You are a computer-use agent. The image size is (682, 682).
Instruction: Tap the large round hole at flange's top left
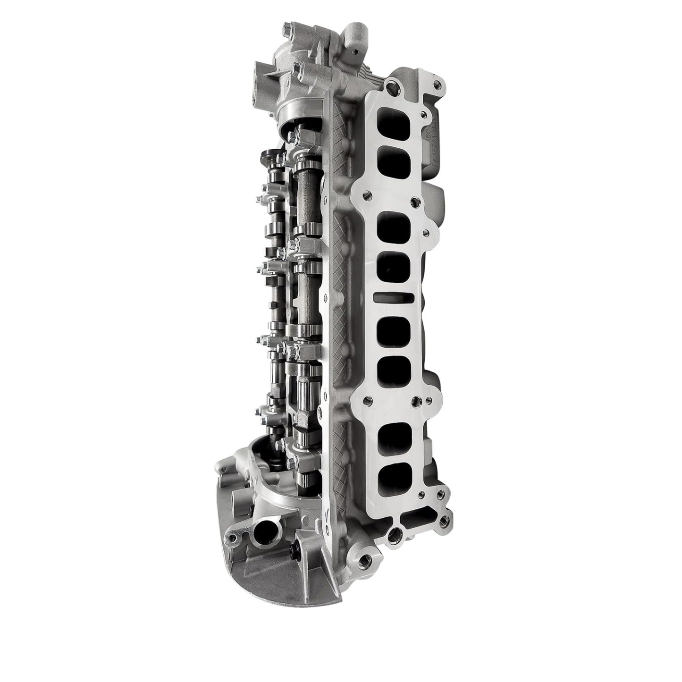[x=391, y=87]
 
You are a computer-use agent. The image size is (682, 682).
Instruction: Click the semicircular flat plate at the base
[x=283, y=581]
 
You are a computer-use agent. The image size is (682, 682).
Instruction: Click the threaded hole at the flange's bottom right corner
[x=443, y=521]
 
